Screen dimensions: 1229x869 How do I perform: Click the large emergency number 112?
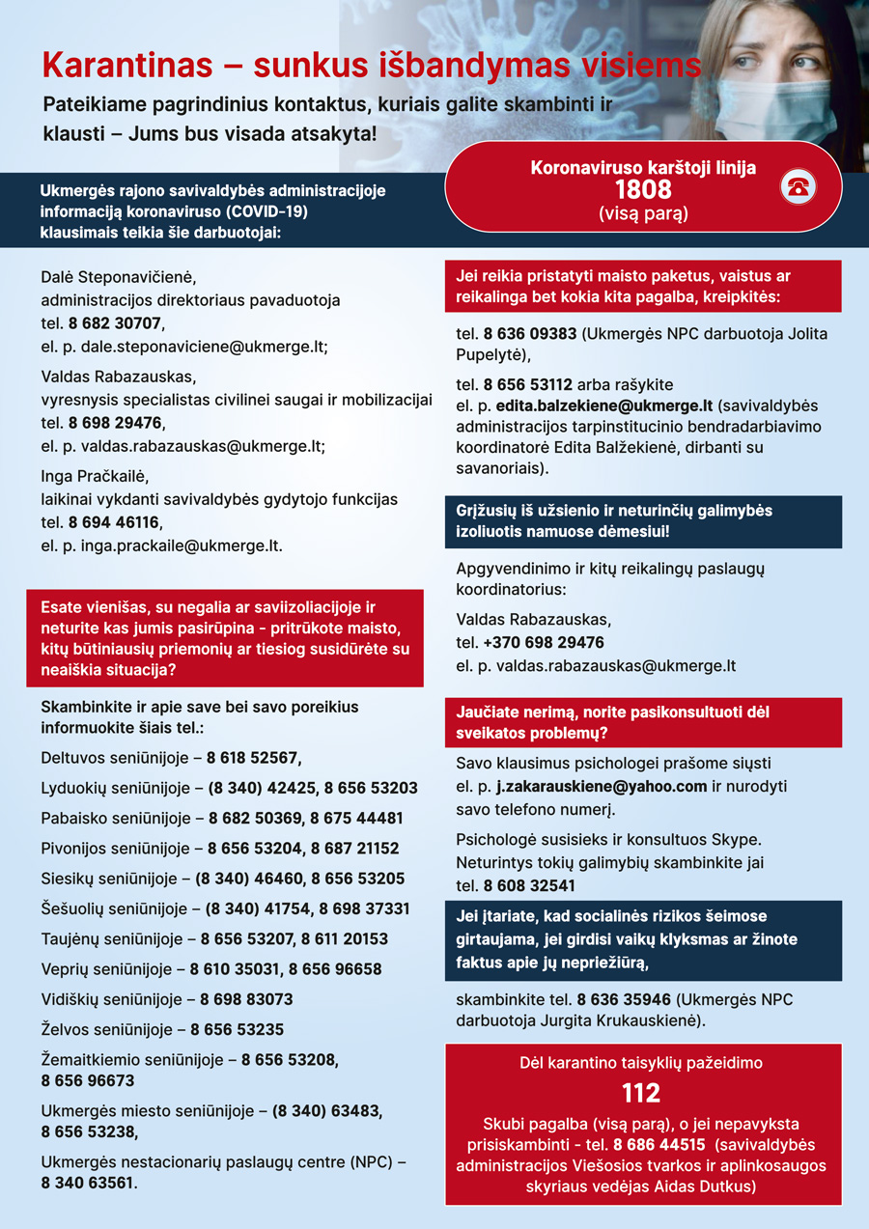[641, 1093]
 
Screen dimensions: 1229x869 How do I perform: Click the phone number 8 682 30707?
[115, 323]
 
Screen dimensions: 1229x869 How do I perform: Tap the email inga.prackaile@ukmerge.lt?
[172, 545]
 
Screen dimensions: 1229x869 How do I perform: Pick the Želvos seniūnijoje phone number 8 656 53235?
[237, 1029]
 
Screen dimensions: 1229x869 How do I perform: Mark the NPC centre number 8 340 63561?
[88, 1182]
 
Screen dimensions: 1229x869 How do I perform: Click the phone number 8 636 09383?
[530, 333]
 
